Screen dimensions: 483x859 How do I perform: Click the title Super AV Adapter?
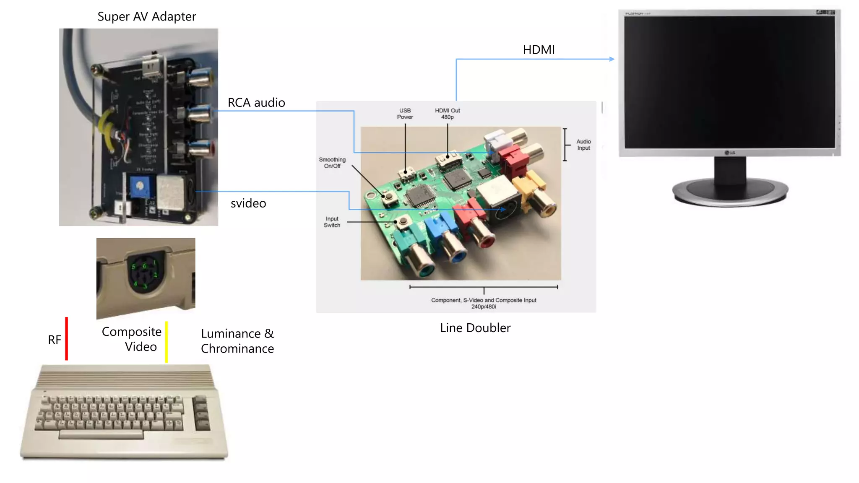pyautogui.click(x=146, y=16)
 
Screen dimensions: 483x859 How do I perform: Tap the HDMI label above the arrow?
pyautogui.click(x=539, y=50)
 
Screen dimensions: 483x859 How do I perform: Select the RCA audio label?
pyautogui.click(x=256, y=103)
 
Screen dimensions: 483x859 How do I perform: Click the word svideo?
pyautogui.click(x=248, y=203)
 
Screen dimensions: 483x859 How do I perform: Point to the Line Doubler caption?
pyautogui.click(x=475, y=328)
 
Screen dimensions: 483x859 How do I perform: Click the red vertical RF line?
pyautogui.click(x=66, y=339)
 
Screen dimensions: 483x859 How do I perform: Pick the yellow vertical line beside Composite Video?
pyautogui.click(x=167, y=342)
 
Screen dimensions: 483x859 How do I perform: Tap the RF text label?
pyautogui.click(x=54, y=340)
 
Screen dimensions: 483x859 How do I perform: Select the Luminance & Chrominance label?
pyautogui.click(x=237, y=341)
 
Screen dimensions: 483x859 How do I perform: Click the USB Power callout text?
pyautogui.click(x=405, y=114)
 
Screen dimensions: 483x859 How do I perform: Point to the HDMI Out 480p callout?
pyautogui.click(x=447, y=114)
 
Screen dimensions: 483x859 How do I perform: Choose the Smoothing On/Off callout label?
pyautogui.click(x=332, y=163)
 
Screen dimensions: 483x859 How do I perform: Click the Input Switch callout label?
pyautogui.click(x=332, y=222)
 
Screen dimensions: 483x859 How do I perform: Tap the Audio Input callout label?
pyautogui.click(x=583, y=145)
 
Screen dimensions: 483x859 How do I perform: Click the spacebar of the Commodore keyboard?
pyautogui.click(x=101, y=435)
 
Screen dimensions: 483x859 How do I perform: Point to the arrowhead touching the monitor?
pyautogui.click(x=612, y=59)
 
